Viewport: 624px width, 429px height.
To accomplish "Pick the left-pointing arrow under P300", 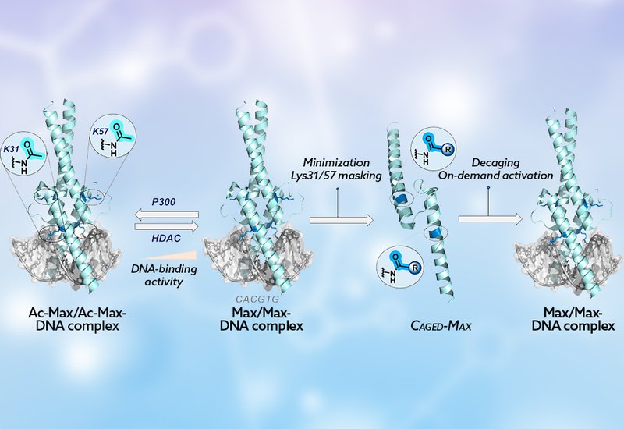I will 165,213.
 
